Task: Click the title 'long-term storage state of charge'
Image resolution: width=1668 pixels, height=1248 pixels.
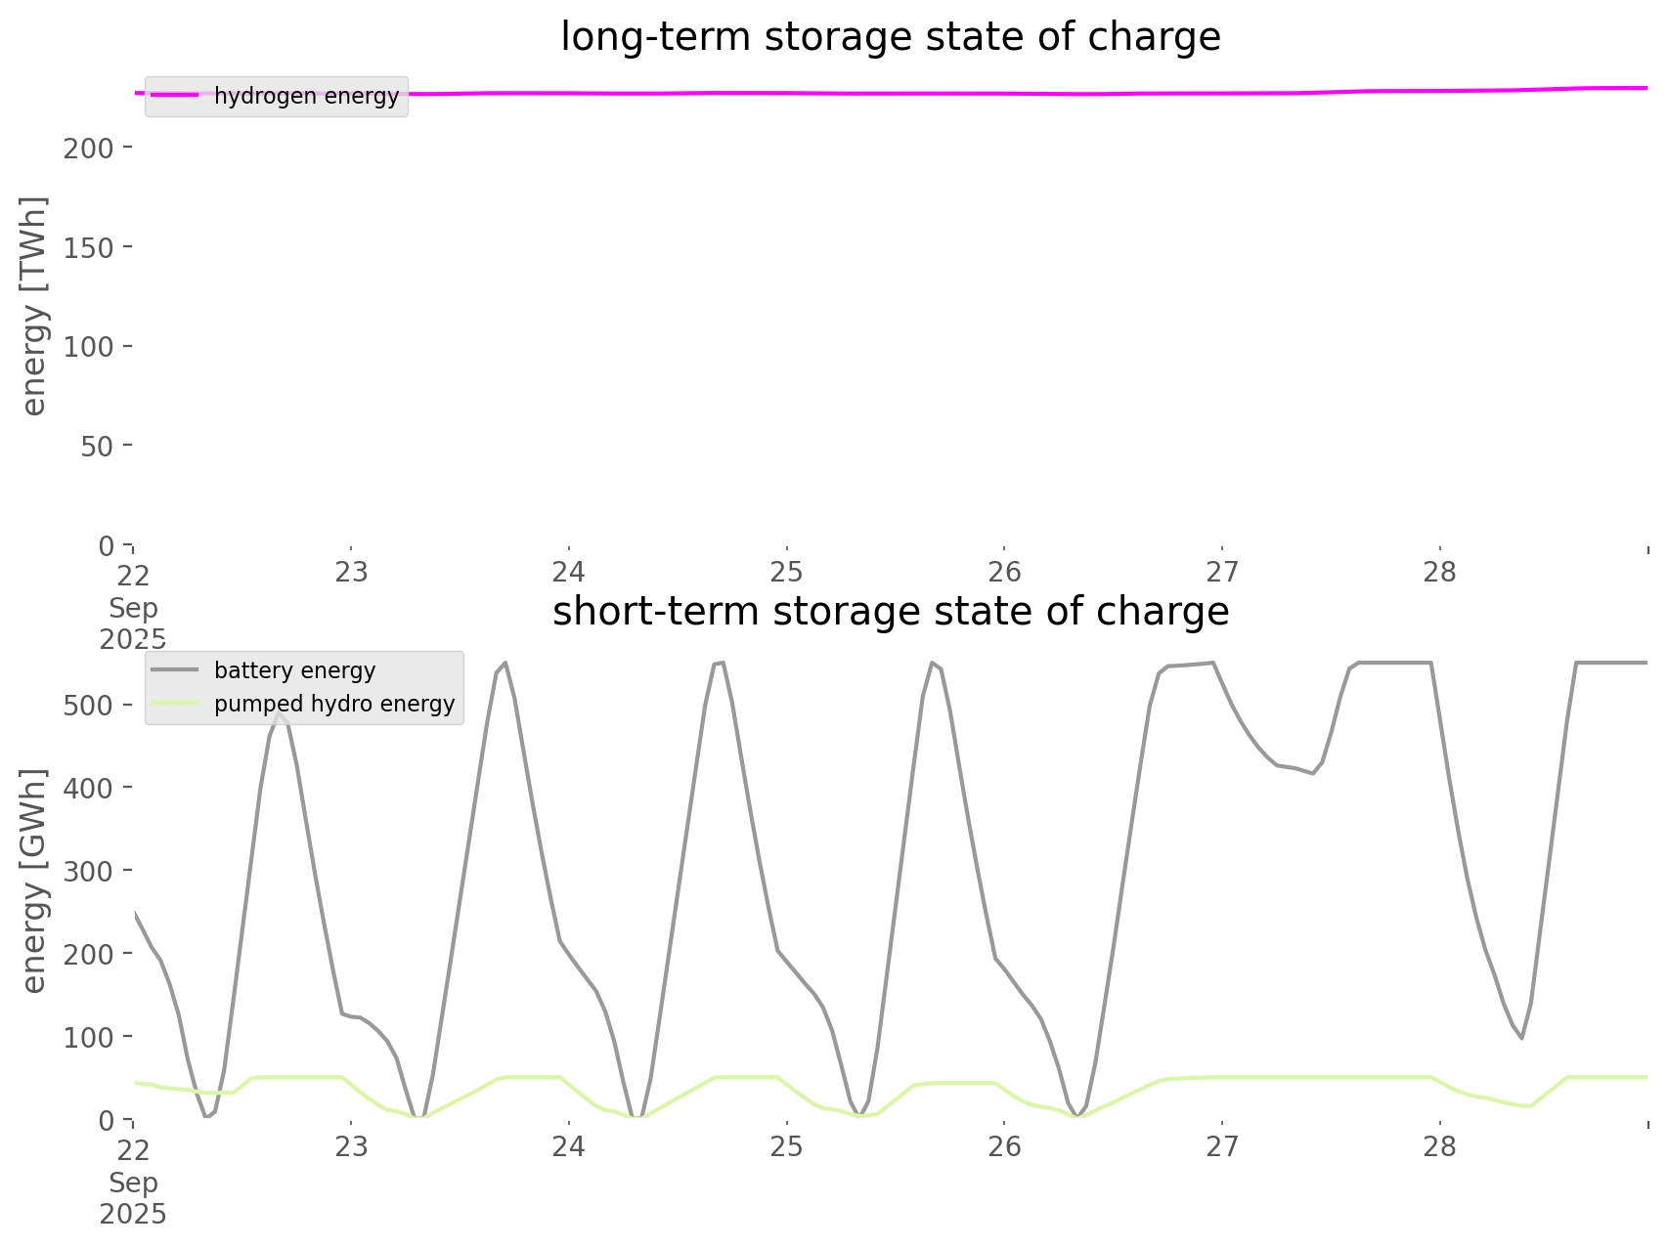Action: pos(890,37)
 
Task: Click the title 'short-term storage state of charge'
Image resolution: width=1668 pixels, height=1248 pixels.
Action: pos(890,612)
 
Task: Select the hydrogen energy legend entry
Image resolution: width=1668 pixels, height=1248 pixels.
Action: pos(306,96)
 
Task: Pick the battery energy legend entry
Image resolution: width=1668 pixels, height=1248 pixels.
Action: pos(294,670)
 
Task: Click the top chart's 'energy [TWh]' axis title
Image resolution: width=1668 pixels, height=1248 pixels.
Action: pos(34,306)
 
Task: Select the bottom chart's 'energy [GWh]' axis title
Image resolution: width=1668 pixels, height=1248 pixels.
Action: pos(34,881)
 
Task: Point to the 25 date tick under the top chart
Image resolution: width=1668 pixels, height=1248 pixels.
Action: pos(786,572)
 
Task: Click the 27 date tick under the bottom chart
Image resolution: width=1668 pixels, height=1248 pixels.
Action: pos(1222,1146)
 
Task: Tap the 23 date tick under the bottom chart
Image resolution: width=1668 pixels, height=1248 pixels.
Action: pos(351,1146)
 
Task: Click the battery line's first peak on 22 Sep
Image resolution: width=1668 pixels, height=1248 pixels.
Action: pos(280,713)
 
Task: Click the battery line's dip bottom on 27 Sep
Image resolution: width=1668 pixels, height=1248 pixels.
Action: pos(1313,774)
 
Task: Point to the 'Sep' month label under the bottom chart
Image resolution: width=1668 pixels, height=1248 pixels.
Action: pos(133,1183)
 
